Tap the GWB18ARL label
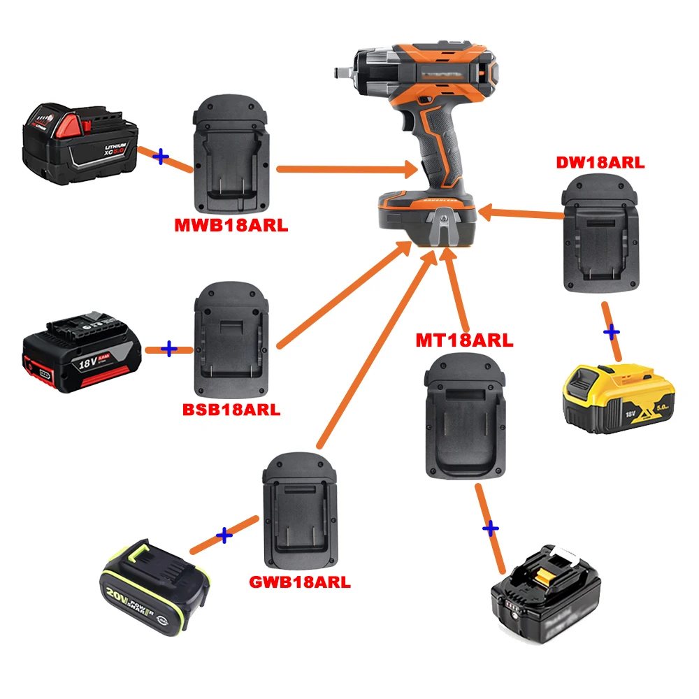tap(299, 582)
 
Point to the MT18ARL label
tap(464, 340)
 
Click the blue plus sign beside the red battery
tap(161, 157)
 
